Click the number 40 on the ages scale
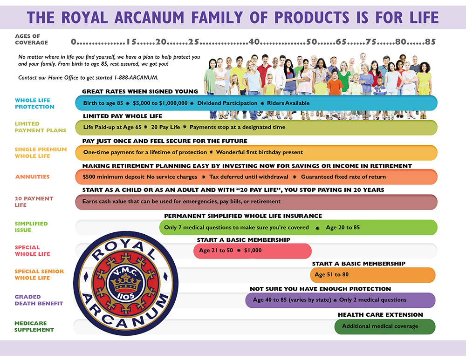254,42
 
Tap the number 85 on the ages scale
430,42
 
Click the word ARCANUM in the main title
150,17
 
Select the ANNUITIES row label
33,177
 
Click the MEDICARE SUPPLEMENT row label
34,326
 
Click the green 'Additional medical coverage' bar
385,326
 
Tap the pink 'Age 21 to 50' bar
252,251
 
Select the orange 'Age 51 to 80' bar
373,275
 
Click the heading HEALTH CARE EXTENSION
380,315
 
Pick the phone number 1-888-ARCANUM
136,78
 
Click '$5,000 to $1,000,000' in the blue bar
160,103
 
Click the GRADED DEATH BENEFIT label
39,300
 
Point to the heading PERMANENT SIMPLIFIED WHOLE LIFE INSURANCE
243,216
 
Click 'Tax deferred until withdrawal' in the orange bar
249,177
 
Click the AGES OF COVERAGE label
32,39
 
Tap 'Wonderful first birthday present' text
260,152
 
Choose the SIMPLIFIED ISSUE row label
31,227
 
